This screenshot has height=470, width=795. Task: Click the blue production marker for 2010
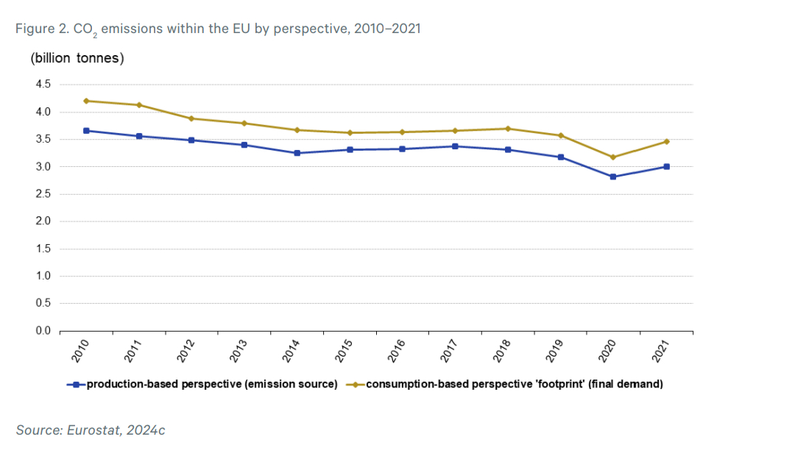(x=86, y=131)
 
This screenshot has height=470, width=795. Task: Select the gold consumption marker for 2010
(x=86, y=101)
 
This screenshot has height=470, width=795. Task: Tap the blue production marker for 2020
(x=612, y=177)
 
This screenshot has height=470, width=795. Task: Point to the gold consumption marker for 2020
(x=612, y=157)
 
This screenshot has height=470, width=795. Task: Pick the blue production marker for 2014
(x=297, y=153)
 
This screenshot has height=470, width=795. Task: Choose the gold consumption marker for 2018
(x=507, y=129)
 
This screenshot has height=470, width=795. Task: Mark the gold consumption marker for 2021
(x=666, y=141)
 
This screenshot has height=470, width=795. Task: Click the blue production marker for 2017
(x=455, y=146)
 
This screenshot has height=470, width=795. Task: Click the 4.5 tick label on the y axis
(x=43, y=85)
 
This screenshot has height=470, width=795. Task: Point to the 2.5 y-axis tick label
(x=43, y=194)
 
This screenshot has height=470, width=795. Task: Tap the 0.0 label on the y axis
(x=43, y=330)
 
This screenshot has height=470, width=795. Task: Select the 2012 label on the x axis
(x=186, y=352)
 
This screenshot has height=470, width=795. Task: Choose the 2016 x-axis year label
(x=397, y=352)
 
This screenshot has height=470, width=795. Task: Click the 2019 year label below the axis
(x=554, y=352)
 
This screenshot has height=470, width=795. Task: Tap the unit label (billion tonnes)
(x=77, y=59)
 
